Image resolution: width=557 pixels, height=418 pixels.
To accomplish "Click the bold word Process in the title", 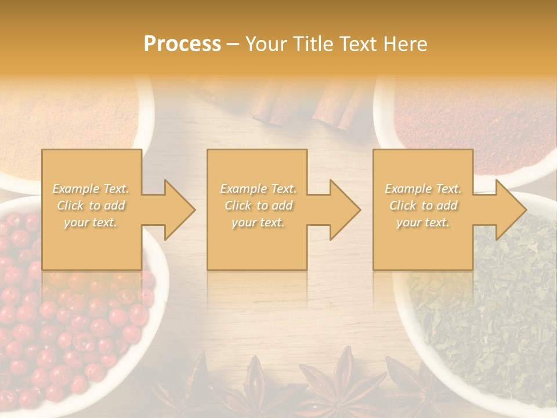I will click(182, 44).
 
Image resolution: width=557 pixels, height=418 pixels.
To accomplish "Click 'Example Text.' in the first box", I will click(91, 189).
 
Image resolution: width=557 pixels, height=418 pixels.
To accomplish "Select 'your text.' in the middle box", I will click(258, 222).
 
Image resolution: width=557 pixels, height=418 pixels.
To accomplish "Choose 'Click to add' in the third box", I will click(423, 206).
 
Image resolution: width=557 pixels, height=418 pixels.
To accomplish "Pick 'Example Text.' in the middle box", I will click(258, 189).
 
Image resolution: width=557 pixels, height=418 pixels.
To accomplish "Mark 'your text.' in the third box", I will click(423, 222).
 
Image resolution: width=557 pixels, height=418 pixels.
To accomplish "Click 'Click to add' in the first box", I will click(91, 206).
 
